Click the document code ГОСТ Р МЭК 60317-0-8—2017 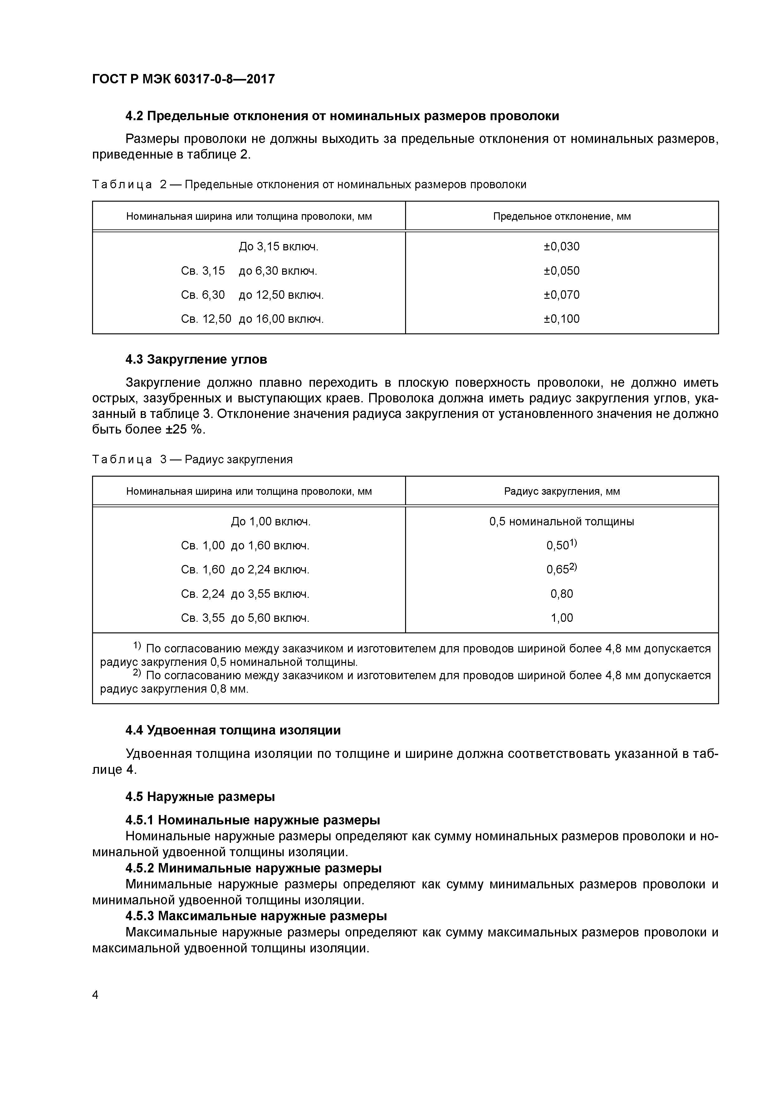click(183, 79)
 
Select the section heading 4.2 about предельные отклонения click(342, 116)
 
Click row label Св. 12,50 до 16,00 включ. click(252, 319)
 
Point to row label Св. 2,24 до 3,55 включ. click(245, 594)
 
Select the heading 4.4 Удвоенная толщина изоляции click(233, 730)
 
